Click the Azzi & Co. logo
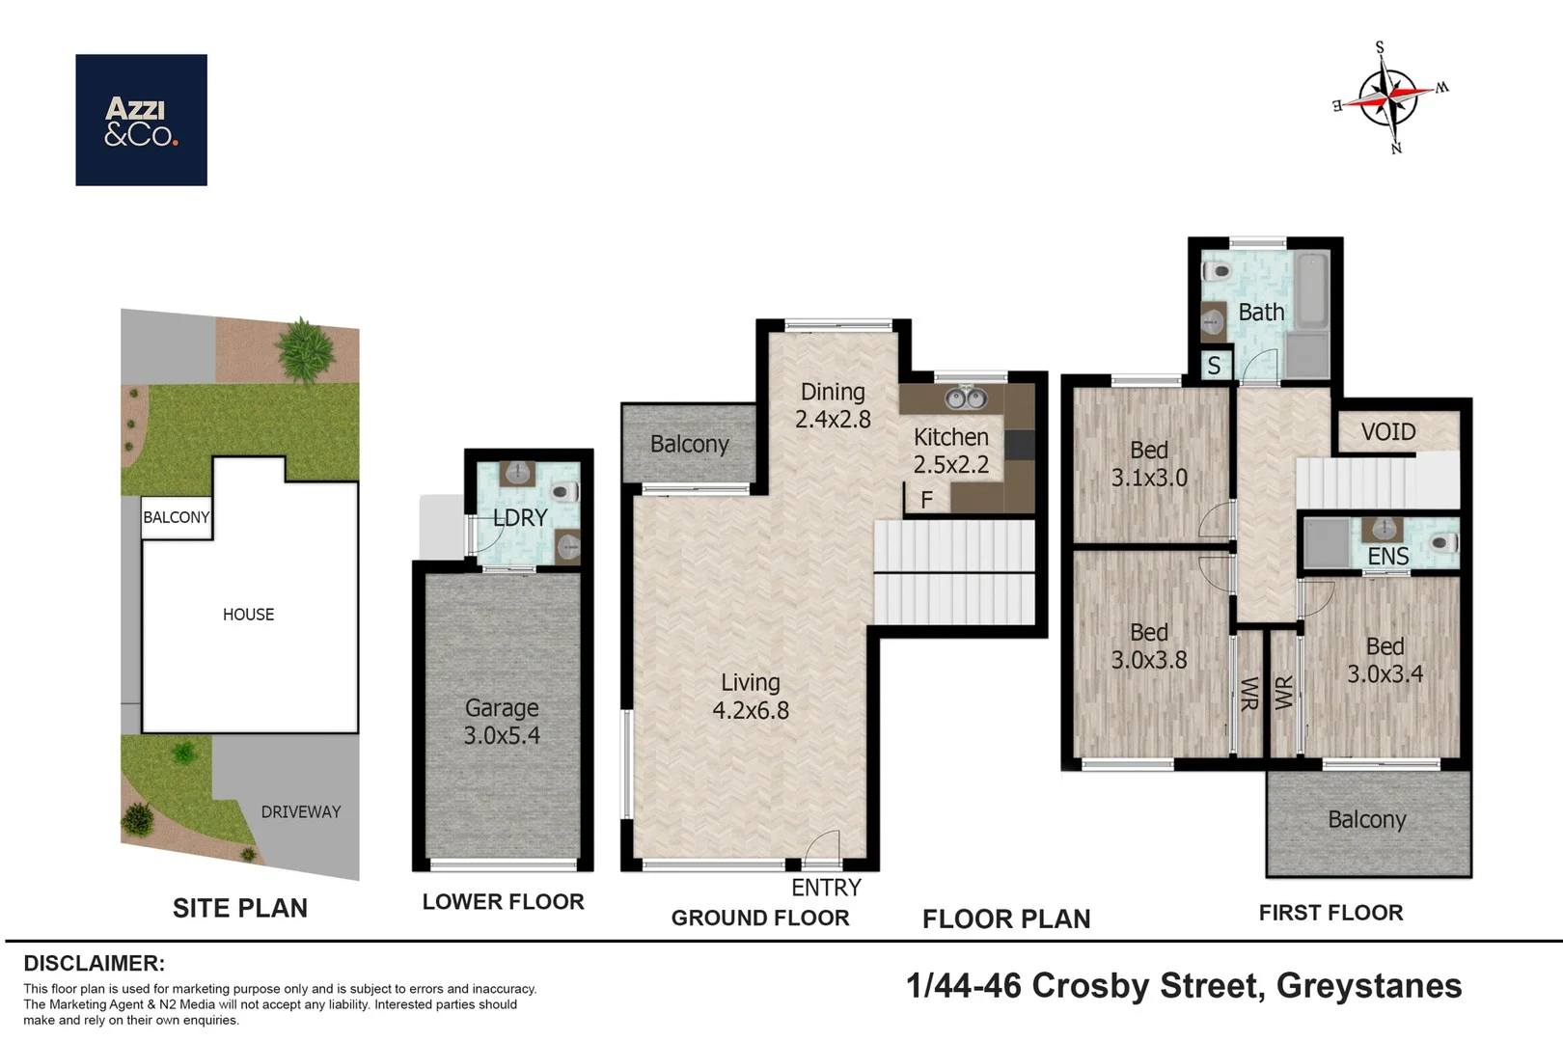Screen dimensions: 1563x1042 (141, 120)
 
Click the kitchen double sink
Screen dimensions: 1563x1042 (966, 398)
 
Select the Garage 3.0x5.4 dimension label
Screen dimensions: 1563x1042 (502, 722)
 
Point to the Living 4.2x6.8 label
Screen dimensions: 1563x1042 (751, 697)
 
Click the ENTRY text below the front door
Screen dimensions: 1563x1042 (826, 888)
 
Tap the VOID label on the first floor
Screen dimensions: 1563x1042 (1388, 432)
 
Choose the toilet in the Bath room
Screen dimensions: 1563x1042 (1217, 271)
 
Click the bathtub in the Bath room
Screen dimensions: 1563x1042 (1312, 290)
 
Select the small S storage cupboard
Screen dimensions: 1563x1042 (1215, 365)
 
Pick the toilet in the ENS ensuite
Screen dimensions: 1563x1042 (1443, 542)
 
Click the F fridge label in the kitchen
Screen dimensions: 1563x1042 (926, 500)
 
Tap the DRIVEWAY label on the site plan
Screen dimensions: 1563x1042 (301, 811)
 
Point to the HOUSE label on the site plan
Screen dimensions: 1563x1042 (248, 615)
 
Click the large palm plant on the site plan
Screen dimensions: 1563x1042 (305, 349)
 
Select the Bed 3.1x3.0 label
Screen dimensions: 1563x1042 (1149, 464)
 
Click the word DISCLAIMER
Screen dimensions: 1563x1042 (95, 963)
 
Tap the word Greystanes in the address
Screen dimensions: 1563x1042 (1369, 986)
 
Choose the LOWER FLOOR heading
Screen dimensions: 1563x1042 (503, 902)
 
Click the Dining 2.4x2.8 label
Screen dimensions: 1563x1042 (834, 405)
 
